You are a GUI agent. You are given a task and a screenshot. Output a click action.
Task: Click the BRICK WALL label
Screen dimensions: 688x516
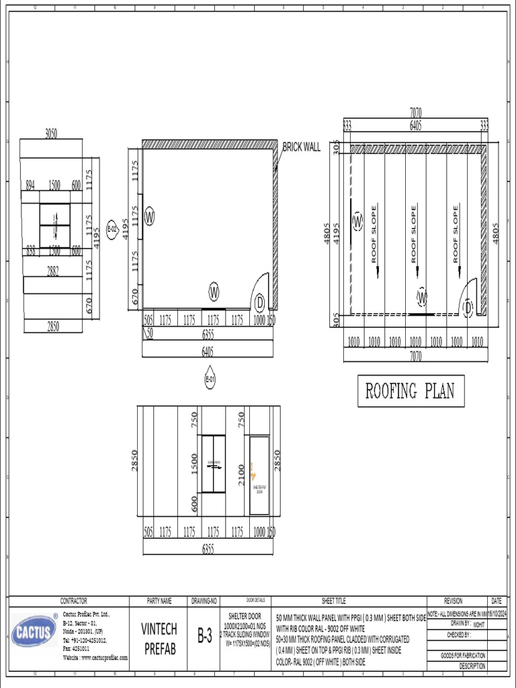[x=301, y=146]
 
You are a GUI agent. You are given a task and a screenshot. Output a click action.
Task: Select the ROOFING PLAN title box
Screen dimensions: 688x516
[x=410, y=391]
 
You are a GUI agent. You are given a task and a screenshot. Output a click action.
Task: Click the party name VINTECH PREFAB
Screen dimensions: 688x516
[x=159, y=639]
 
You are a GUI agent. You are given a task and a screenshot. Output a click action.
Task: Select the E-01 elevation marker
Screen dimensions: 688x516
[x=210, y=380]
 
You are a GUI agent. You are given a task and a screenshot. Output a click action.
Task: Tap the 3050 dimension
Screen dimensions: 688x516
[x=51, y=133]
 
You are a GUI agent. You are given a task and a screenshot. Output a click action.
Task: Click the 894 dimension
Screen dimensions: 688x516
[x=30, y=185]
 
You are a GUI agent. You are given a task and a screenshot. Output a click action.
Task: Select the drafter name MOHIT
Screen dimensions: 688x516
[x=479, y=624]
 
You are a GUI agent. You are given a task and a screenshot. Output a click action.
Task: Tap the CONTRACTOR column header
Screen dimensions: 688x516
[x=74, y=601]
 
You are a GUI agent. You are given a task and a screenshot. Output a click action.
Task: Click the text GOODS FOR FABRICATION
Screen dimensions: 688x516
[x=463, y=655]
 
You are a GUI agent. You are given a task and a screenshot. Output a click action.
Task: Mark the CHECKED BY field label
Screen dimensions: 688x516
[x=460, y=634]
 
